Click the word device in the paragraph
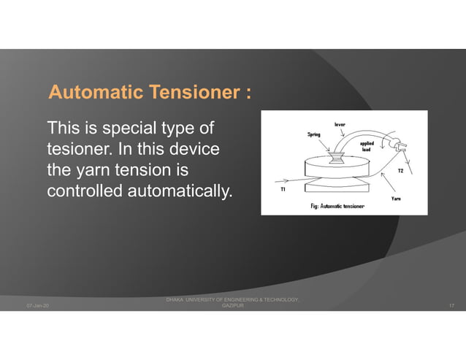click(194, 149)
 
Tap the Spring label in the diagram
click(313, 134)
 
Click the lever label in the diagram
click(340, 124)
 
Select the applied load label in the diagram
click(367, 147)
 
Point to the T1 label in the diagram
click(283, 189)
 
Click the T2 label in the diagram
click(400, 171)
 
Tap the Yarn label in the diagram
click(395, 199)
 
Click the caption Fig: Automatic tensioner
click(337, 207)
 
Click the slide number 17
click(452, 305)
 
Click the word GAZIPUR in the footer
click(232, 306)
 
